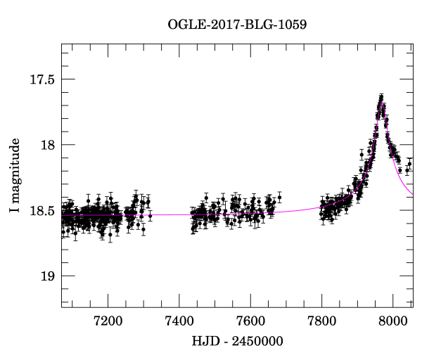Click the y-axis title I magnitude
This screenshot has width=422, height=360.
pyautogui.click(x=16, y=176)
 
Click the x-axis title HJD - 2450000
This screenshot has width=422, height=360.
pyautogui.click(x=237, y=342)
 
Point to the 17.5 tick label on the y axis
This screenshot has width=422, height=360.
pyautogui.click(x=40, y=79)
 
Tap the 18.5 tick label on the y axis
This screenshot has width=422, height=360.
pyautogui.click(x=40, y=210)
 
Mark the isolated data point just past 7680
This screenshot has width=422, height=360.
pyautogui.click(x=279, y=197)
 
